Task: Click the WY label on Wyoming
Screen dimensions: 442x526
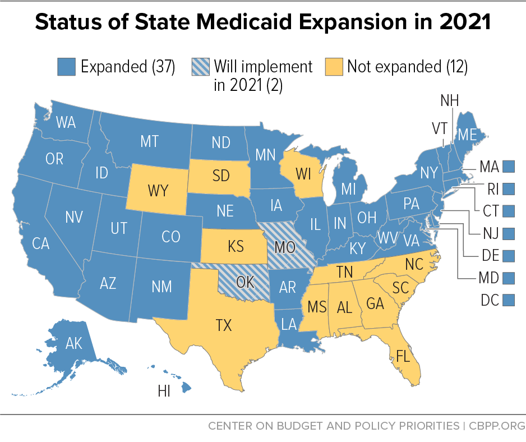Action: (158, 191)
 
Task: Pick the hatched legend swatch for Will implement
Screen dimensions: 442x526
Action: (201, 67)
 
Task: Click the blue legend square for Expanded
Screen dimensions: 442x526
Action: (67, 67)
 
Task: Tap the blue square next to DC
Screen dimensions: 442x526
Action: (509, 300)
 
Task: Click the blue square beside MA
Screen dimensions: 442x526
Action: (509, 166)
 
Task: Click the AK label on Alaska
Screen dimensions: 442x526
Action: (73, 343)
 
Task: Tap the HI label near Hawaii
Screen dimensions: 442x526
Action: (164, 392)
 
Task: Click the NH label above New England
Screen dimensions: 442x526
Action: (449, 101)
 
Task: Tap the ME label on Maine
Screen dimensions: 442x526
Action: (467, 135)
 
